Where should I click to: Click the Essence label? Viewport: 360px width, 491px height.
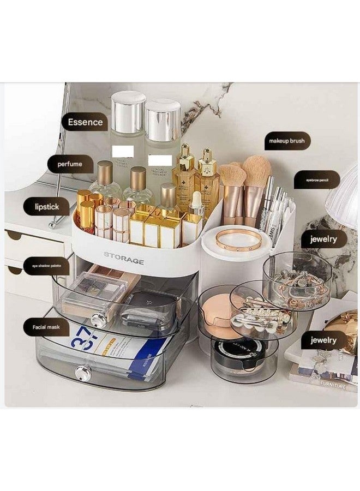(x=85, y=122)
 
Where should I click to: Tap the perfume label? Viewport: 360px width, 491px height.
(x=70, y=164)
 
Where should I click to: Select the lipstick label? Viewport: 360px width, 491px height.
(x=46, y=207)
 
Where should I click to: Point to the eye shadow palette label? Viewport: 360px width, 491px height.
(x=46, y=266)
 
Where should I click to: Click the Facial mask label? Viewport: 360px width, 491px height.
(x=46, y=327)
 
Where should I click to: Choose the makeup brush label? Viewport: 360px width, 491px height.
(x=286, y=141)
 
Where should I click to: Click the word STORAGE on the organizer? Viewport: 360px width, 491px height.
(x=124, y=262)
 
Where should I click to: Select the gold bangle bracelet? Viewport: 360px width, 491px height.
(x=238, y=239)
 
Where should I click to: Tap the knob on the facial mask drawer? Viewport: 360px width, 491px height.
(x=83, y=373)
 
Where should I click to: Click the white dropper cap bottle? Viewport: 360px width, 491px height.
(x=196, y=204)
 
